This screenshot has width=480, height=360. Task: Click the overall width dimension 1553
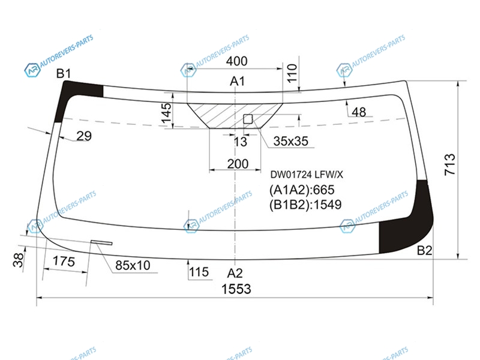[x=236, y=289]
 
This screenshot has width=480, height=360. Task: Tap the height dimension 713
[x=449, y=164]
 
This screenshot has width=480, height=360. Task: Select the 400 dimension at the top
[x=236, y=61]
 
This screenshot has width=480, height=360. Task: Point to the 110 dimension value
[x=292, y=73]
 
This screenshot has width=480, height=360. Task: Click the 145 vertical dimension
[x=166, y=113]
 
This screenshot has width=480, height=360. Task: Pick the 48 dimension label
[x=359, y=112]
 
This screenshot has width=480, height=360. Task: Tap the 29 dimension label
[x=84, y=136]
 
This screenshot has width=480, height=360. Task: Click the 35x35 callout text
[x=290, y=141]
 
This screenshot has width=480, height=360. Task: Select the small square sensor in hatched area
[x=248, y=119]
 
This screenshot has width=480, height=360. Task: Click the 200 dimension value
[x=238, y=164]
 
